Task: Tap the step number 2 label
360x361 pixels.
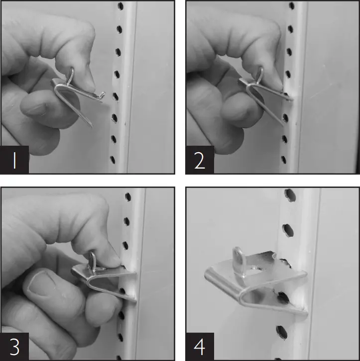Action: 200,160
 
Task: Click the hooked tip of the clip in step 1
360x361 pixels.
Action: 103,93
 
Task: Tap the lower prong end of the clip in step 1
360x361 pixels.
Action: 91,124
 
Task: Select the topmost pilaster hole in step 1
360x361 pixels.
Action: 120,7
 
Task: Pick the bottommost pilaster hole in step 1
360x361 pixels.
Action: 112,160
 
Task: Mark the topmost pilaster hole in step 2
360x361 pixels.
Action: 291,6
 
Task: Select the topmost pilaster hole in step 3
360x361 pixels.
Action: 128,197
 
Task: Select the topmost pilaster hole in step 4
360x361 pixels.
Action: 289,193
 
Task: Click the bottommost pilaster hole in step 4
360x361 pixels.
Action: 281,331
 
